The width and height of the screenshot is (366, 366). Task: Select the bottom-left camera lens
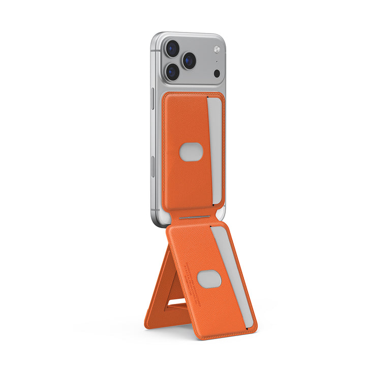pos(172,72)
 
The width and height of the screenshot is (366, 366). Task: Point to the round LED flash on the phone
pos(217,49)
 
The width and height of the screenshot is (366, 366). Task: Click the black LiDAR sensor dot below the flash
pos(217,73)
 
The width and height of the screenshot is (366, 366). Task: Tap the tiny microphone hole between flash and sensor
pos(217,63)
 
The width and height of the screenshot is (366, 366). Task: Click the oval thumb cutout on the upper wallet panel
pos(192,151)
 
